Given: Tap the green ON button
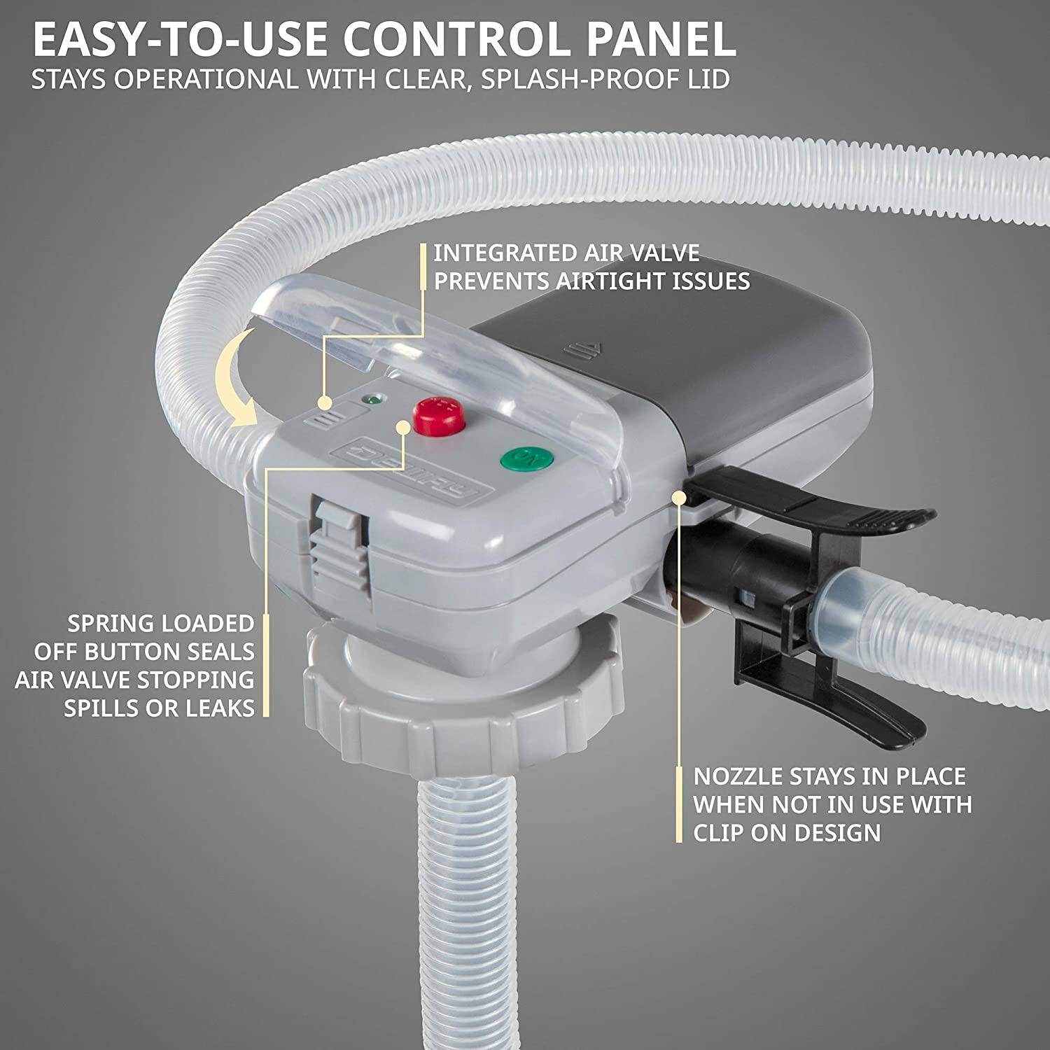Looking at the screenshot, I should click(527, 460).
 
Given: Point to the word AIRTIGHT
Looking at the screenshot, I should click(612, 281).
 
